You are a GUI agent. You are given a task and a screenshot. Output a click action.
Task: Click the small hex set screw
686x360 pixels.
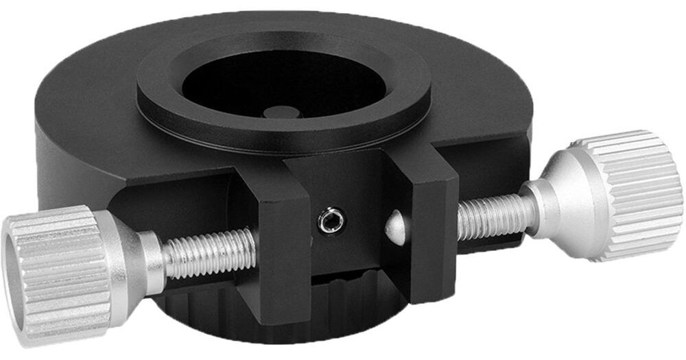pos(331,221)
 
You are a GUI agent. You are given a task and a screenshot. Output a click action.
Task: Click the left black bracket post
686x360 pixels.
pos(281,247)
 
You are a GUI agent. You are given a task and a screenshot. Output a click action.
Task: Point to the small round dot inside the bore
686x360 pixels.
pos(277,112)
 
